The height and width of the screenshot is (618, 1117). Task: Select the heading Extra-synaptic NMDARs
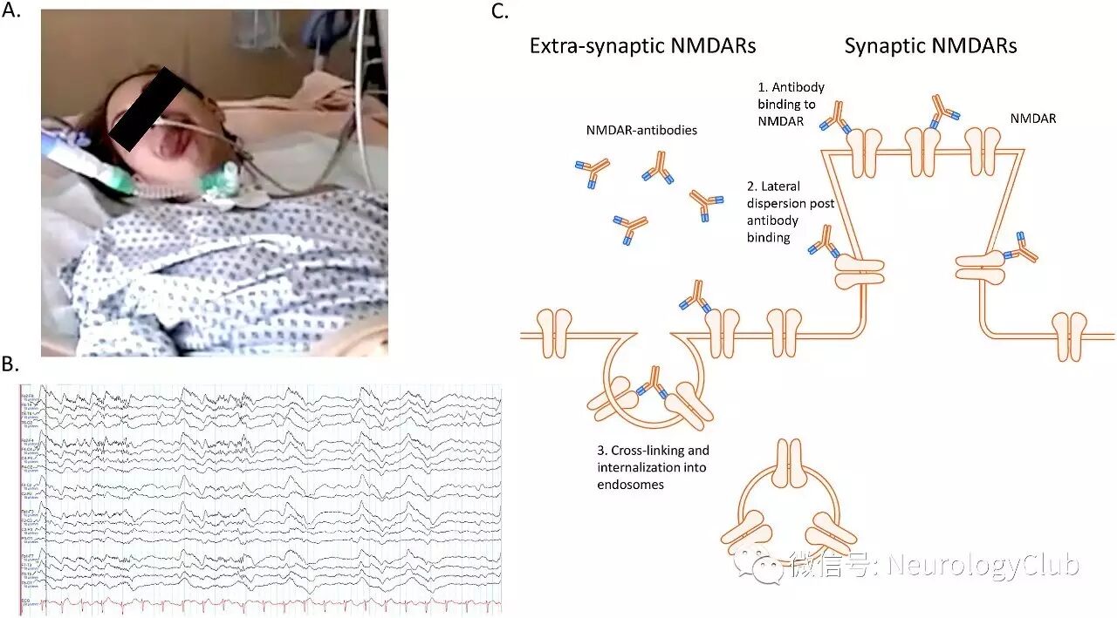coord(642,46)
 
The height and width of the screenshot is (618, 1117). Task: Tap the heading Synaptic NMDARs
coord(930,46)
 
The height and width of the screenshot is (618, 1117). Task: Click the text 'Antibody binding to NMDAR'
coord(791,105)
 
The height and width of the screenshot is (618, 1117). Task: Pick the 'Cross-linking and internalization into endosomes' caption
coord(652,467)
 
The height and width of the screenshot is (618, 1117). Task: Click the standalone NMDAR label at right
coord(1031,119)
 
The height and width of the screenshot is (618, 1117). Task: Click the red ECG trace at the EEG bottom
coord(262,603)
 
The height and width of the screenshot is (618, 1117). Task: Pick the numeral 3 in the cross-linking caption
coord(601,451)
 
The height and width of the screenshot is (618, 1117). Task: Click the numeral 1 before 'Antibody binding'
coord(760,88)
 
